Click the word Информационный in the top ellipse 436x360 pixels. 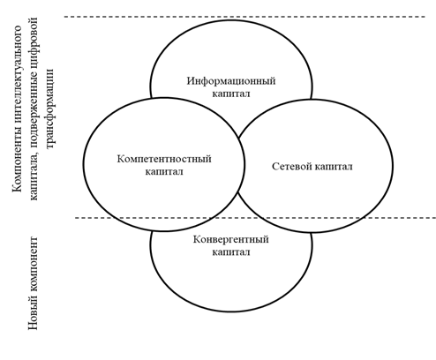tap(231, 81)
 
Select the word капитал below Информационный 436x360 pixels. tap(231, 94)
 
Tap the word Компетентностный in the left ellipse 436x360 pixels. tap(164, 159)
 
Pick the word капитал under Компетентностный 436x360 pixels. tap(164, 171)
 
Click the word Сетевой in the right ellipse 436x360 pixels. tap(292, 167)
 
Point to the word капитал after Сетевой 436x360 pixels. tap(334, 167)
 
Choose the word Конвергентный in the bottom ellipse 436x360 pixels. tap(231, 239)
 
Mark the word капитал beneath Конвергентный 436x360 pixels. tap(231, 252)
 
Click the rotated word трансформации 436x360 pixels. tap(49, 109)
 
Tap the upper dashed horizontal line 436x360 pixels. tap(244, 17)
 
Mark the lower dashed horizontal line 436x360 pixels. tap(255, 218)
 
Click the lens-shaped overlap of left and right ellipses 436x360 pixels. tap(241, 166)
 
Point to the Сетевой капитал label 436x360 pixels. tap(312, 167)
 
